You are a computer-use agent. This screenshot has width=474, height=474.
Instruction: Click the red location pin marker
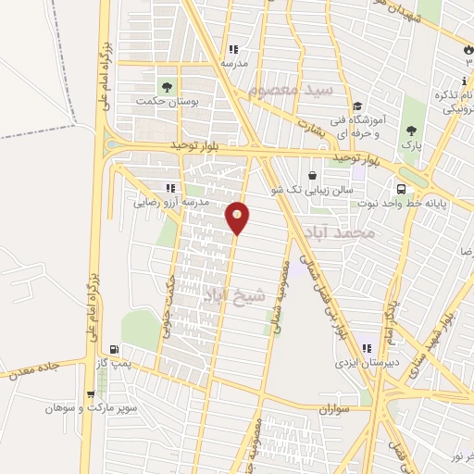coord(238,218)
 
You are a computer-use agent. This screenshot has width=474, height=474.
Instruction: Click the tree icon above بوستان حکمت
coord(168,87)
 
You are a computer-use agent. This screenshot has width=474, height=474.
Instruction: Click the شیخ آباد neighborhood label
coord(233,294)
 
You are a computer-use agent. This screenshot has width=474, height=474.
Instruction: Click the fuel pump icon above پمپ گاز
coord(114,349)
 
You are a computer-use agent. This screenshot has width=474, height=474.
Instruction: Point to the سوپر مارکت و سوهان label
coord(93,407)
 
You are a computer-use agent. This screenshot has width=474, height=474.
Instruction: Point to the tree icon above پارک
coord(410,131)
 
